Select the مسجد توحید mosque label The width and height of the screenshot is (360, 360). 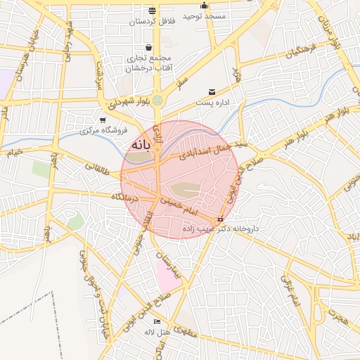coord(205,15)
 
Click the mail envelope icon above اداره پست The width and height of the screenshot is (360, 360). coord(212,92)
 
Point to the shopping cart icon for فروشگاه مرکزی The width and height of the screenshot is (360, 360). coord(103,120)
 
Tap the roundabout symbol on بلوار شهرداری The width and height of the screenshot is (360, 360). coord(157,101)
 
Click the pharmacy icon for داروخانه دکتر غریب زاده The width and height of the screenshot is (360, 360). coord(221,219)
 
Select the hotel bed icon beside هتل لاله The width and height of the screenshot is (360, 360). coord(157,321)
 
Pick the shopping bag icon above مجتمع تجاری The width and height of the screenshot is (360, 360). coord(148,48)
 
